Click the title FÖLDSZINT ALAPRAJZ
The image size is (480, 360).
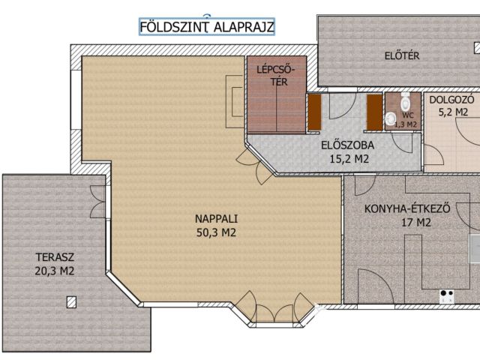(x=207, y=27)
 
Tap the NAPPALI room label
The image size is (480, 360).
(x=217, y=219)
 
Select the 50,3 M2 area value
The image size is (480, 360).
(x=216, y=232)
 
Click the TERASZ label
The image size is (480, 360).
(x=55, y=257)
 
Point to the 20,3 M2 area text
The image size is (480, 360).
(x=55, y=271)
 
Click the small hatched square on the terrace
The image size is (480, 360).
(x=71, y=302)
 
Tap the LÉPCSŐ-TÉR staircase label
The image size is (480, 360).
(x=275, y=76)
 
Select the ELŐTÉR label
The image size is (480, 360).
(x=402, y=55)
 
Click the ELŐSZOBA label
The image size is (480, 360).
(x=347, y=145)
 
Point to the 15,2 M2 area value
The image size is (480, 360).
(x=349, y=159)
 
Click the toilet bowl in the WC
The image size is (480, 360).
(x=405, y=101)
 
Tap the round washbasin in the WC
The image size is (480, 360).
(x=390, y=118)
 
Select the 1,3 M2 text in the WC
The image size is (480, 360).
(x=406, y=124)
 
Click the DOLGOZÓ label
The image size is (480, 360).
(x=451, y=100)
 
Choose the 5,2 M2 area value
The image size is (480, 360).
(x=453, y=112)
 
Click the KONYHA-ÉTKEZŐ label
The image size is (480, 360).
(x=407, y=208)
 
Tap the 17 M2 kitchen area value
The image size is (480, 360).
(x=416, y=223)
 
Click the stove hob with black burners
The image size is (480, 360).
(x=447, y=296)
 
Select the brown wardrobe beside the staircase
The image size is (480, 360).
(x=314, y=112)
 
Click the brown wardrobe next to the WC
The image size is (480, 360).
(x=375, y=112)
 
